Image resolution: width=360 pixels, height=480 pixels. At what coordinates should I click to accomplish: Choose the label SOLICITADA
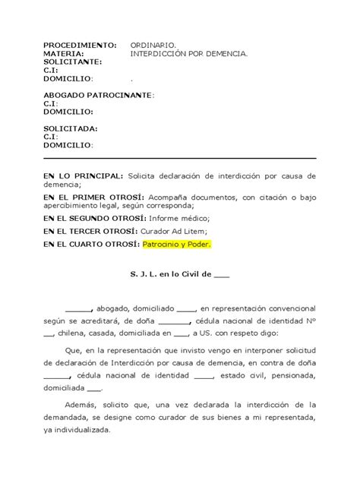point(70,128)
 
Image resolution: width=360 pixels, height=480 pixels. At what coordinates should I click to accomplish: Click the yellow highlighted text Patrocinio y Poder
point(176,245)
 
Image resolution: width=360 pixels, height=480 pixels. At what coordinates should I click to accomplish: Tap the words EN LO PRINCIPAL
point(82,175)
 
